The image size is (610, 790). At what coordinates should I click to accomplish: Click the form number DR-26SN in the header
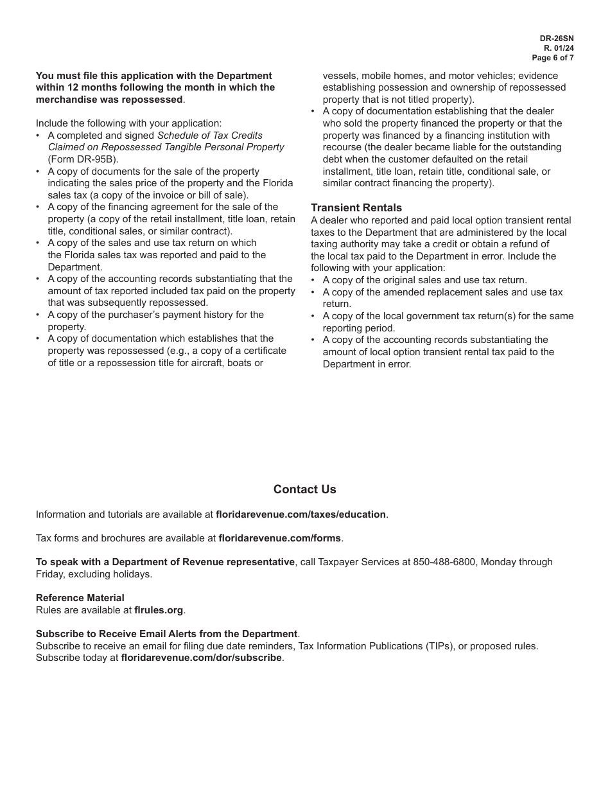point(557,39)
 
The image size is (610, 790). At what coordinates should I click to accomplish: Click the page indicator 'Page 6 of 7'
point(553,58)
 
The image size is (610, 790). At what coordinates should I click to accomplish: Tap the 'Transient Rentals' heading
point(356,207)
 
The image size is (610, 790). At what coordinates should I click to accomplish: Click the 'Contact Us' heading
point(304,489)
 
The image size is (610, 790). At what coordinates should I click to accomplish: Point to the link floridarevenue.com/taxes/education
point(301,514)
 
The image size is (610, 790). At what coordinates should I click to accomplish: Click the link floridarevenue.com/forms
point(280,538)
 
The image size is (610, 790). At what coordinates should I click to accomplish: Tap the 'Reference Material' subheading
point(80,598)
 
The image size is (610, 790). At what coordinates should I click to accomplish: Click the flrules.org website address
point(159,610)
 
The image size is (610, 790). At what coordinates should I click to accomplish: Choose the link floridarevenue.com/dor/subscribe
point(201,658)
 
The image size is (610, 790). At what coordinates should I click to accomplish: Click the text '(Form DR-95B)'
point(83,159)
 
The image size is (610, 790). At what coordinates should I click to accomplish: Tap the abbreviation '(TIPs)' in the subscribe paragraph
point(440,646)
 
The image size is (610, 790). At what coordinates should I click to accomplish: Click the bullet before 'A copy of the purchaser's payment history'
point(39,315)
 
